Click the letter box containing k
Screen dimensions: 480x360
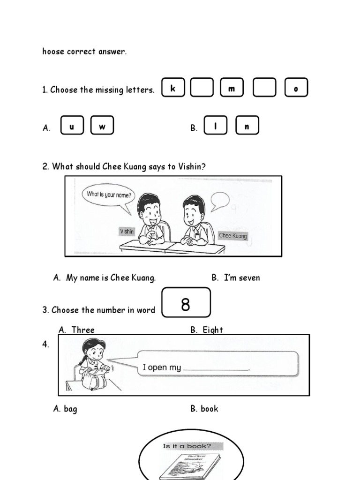[x=173, y=88]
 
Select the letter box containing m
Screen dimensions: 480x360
[x=232, y=88]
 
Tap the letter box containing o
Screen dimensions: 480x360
[x=296, y=88]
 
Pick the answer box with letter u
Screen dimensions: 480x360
[x=72, y=126]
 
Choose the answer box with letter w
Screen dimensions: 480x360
[x=102, y=126]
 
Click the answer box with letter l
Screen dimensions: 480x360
[x=216, y=126]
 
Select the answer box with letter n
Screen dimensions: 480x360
[x=247, y=126]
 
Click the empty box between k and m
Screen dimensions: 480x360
[x=202, y=88]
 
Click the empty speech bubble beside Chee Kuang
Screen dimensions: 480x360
[x=220, y=201]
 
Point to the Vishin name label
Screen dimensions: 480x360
[x=127, y=232]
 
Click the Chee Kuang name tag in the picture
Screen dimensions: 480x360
[x=233, y=236]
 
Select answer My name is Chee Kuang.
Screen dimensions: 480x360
[x=111, y=278]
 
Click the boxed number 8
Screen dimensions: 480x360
[x=186, y=304]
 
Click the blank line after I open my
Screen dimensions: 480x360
[x=216, y=368]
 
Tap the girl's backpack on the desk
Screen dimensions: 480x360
[x=95, y=378]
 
